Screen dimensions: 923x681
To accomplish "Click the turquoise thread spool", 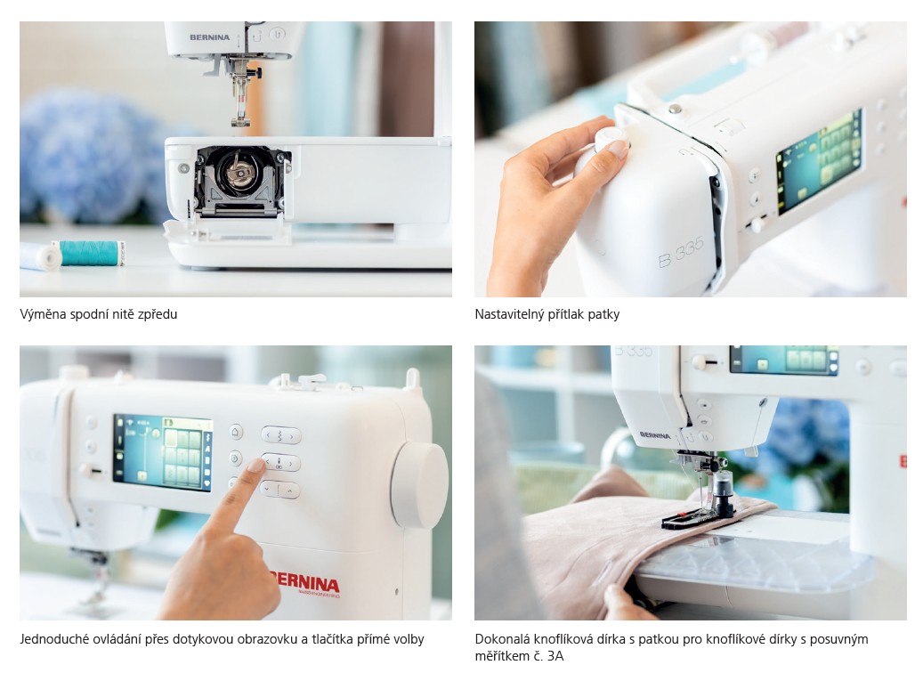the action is (88, 253).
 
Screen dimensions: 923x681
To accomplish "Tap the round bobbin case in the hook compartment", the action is (239, 171).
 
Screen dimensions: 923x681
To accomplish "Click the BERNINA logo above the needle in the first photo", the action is (209, 37).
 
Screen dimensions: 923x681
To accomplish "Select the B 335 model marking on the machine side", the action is (681, 253).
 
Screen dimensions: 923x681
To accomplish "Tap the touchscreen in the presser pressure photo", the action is (819, 161).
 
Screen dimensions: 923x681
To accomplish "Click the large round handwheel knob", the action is (420, 484).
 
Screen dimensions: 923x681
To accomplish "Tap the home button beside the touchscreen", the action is (236, 432).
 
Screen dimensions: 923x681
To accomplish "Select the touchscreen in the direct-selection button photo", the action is (163, 452).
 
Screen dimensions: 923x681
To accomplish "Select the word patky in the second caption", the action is (603, 315).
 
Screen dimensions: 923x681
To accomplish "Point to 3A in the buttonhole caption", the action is (555, 656).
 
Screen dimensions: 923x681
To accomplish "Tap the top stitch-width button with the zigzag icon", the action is (280, 435).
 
